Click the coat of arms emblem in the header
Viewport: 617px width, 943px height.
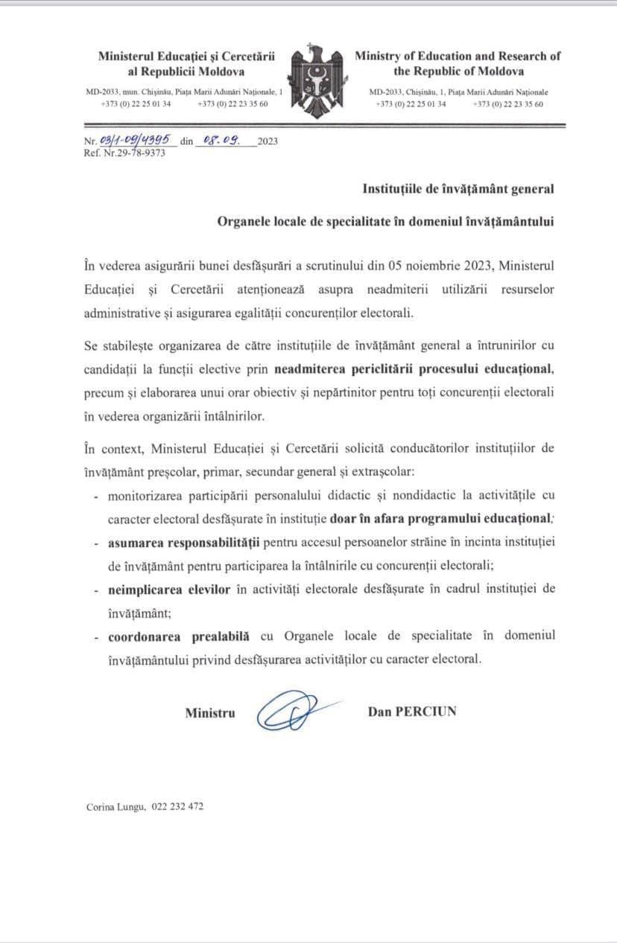coord(316,80)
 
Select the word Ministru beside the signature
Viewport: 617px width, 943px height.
coord(210,712)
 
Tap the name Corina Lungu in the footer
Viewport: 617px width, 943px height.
coord(116,807)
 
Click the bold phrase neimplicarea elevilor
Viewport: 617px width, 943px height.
coord(155,589)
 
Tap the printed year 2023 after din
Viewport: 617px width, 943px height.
coord(267,141)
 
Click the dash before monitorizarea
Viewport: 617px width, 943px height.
coord(97,496)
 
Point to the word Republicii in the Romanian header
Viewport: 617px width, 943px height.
coord(169,71)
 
